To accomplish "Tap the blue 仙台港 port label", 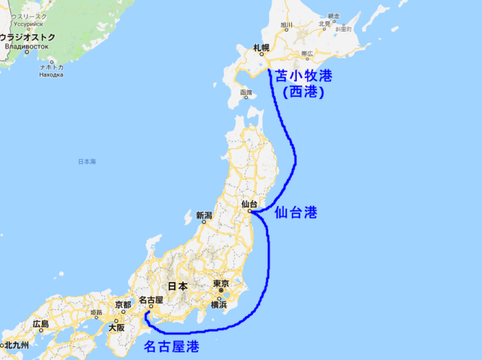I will coord(295,213).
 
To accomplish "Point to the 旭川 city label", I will coord(287,26).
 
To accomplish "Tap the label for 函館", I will coord(246,92).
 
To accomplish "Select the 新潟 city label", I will coord(204,215).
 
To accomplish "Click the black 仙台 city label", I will coord(250,204).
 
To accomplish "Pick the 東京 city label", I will coord(220,284).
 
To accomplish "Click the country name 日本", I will coord(178,286).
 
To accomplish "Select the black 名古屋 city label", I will coord(150,300).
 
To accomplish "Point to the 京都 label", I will coord(123,305).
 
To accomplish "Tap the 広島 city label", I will coord(41,324).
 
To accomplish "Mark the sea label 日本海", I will coord(87,161).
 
